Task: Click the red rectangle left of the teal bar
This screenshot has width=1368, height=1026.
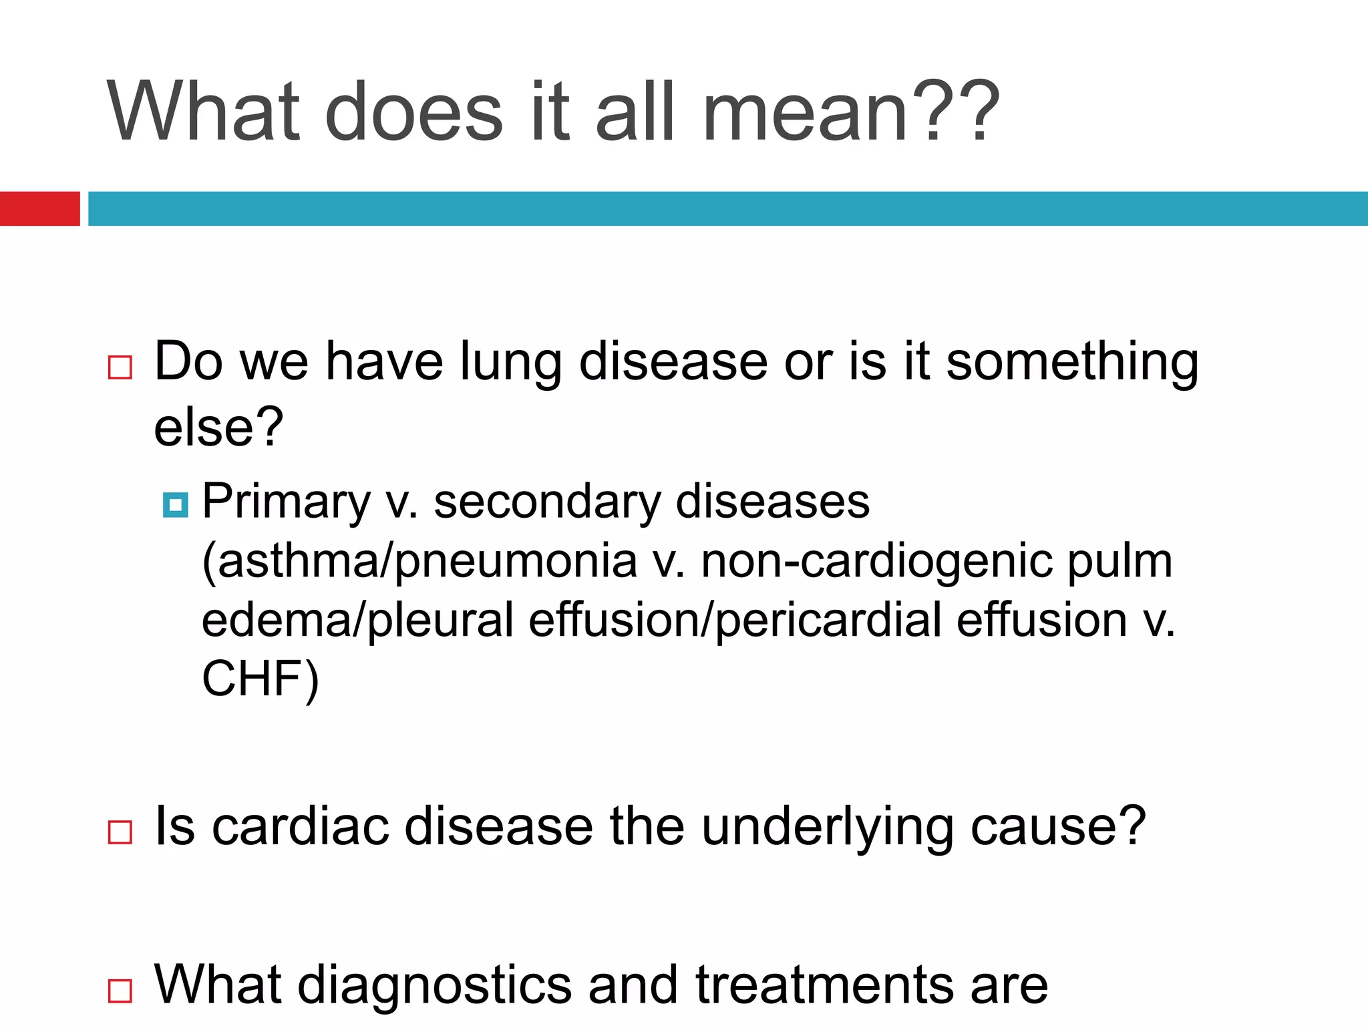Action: (39, 208)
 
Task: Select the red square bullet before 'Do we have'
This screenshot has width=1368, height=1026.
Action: (120, 367)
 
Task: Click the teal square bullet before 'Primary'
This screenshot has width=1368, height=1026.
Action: (176, 505)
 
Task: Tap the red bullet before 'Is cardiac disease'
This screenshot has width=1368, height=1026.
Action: (120, 832)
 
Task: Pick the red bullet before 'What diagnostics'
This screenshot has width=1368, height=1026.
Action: (120, 991)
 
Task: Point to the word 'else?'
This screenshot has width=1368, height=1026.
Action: (219, 427)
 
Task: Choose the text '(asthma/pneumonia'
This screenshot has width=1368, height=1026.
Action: (419, 561)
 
